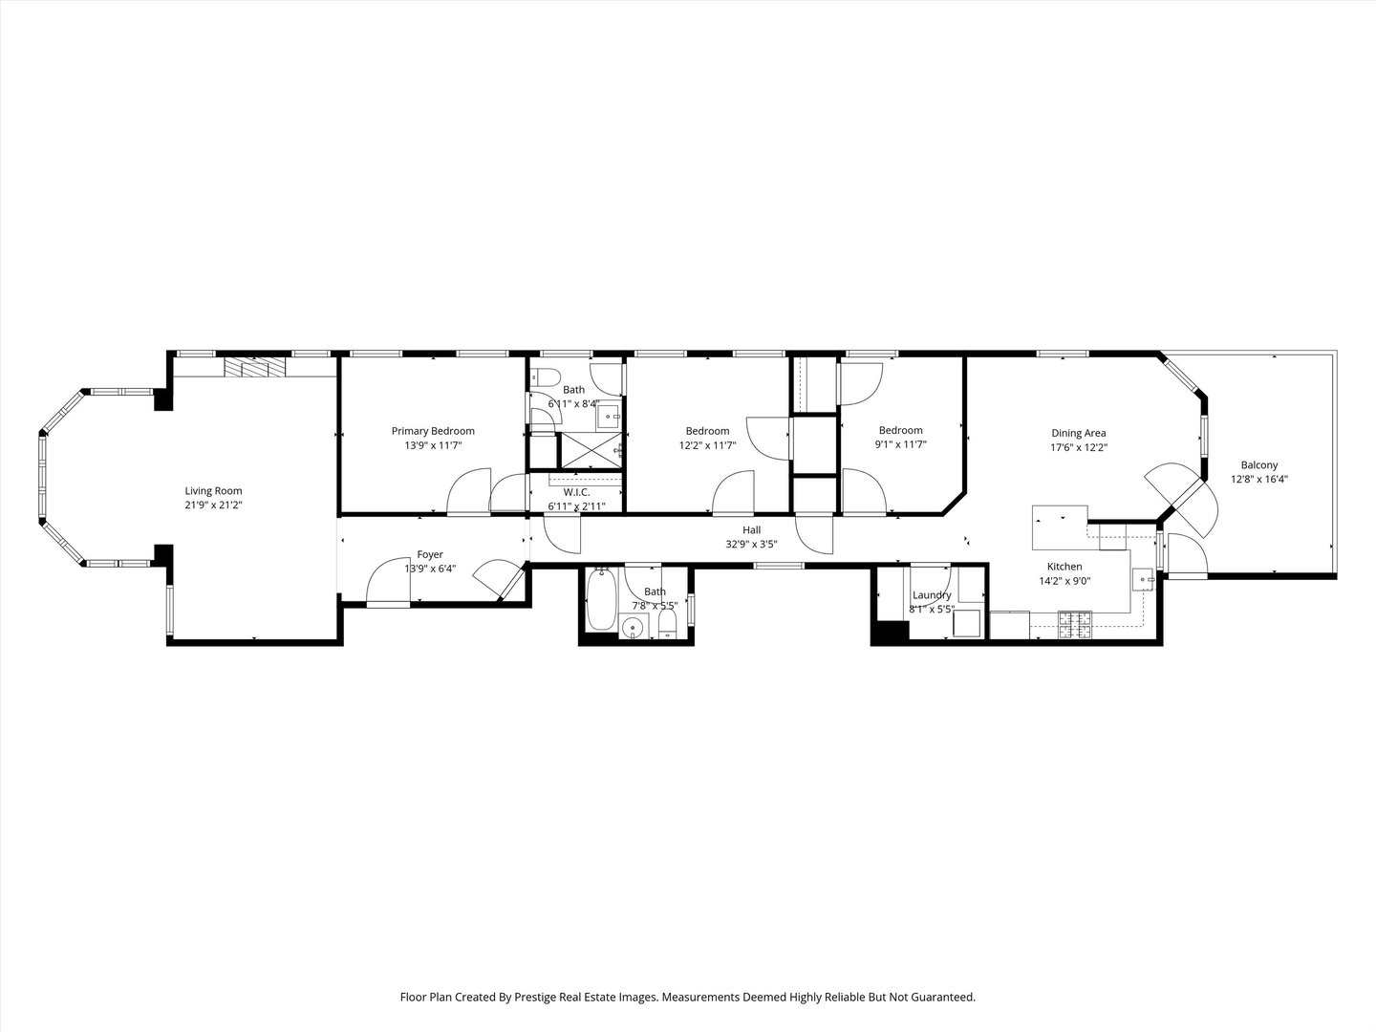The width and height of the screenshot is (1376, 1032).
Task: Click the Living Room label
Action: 213,491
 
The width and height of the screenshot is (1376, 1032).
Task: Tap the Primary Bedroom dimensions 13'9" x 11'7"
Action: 432,445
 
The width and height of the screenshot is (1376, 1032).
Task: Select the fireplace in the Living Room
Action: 255,369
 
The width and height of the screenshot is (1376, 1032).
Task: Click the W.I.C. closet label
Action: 575,492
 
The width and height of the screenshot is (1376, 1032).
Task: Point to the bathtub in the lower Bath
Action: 601,600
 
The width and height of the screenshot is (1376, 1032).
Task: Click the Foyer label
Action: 430,554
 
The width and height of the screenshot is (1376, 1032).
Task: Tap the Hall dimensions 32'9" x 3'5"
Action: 751,545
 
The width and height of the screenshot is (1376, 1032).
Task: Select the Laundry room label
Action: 931,595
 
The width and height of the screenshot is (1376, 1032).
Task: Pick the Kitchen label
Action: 1064,567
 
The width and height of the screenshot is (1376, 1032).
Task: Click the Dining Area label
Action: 1079,433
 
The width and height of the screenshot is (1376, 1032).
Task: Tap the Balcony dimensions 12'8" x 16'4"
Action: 1258,480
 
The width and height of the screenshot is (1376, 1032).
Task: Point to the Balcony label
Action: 1258,465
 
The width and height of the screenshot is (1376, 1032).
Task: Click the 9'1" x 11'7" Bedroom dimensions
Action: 900,444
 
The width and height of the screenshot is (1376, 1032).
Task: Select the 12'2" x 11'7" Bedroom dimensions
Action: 707,444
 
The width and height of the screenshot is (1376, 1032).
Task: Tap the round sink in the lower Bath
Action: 631,628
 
